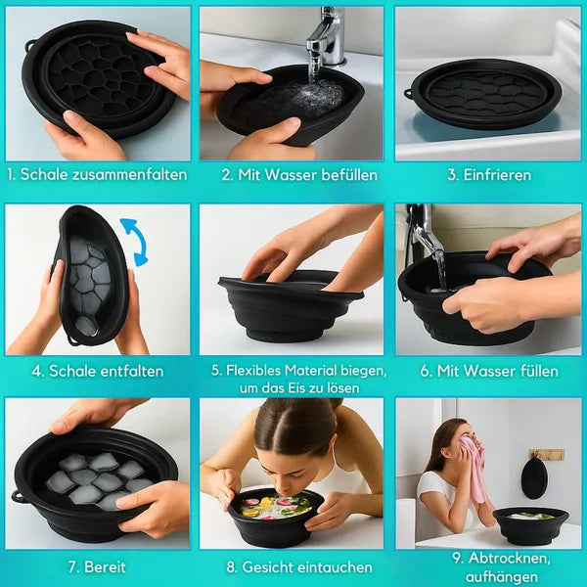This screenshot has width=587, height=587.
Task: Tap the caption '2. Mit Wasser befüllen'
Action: coord(293,175)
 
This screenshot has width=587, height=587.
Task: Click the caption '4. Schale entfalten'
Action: coord(97,371)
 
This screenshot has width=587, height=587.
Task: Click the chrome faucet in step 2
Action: coord(325,37)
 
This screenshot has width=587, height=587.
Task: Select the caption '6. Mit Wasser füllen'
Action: coord(489,371)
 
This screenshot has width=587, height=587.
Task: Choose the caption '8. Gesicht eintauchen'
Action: coord(293,566)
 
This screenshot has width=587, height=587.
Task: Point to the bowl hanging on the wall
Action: coord(534,478)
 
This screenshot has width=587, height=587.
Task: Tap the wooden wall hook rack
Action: coord(546,454)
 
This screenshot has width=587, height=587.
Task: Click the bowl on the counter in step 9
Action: coord(530,523)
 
